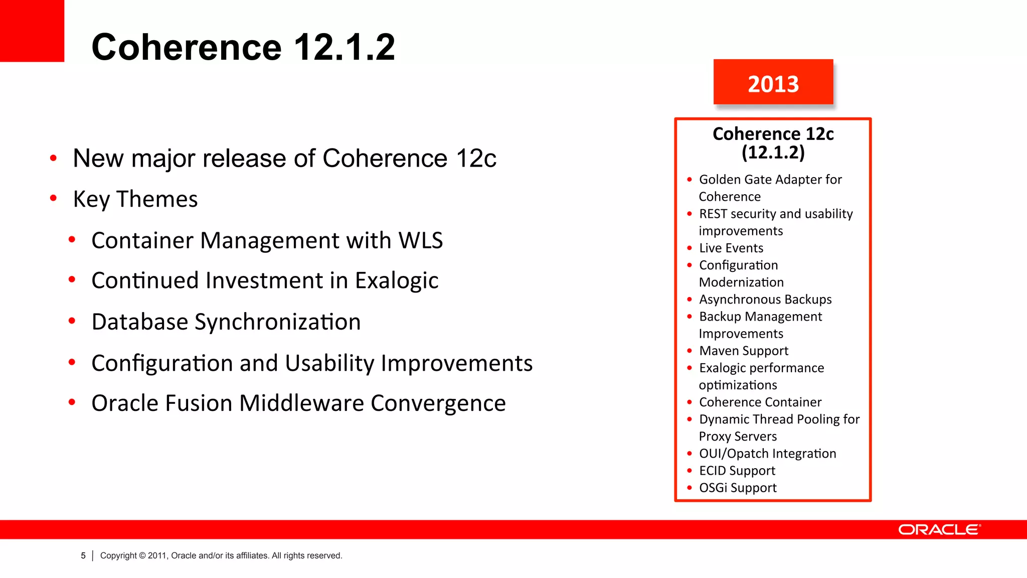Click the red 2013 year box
[x=773, y=82]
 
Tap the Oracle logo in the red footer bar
[x=939, y=530]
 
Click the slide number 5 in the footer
[x=83, y=555]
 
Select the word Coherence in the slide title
[x=187, y=47]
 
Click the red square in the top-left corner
[x=32, y=30]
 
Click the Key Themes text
[x=135, y=199]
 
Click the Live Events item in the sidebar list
[x=731, y=248]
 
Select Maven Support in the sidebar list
[x=743, y=351]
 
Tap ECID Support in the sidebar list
[x=737, y=471]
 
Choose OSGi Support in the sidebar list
[x=737, y=488]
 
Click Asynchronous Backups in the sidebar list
[x=765, y=300]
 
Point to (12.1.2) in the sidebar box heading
[x=773, y=153]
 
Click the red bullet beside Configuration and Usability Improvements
[x=72, y=362]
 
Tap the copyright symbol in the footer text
[x=142, y=555]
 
